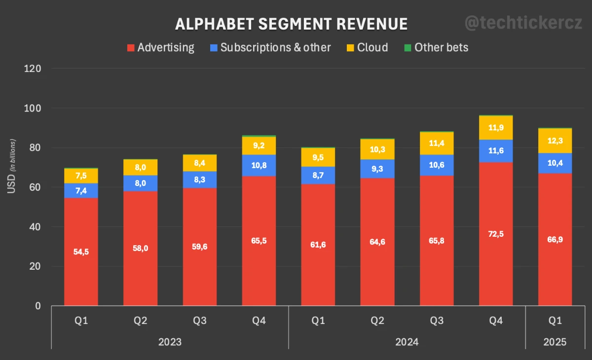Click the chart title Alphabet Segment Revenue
(x=292, y=24)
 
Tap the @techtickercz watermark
(x=523, y=23)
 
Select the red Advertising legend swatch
(x=131, y=48)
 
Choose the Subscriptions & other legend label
(x=275, y=47)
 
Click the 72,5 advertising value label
(x=496, y=234)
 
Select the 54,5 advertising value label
(x=81, y=252)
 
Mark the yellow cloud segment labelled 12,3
(x=555, y=141)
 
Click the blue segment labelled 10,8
(x=259, y=165)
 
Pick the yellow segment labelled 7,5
(x=81, y=176)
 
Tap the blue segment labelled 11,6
(x=496, y=150)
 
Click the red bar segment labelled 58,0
(x=140, y=248)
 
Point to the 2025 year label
(x=555, y=342)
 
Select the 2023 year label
(x=170, y=342)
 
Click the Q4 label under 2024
(x=496, y=321)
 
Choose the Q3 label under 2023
(x=199, y=321)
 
